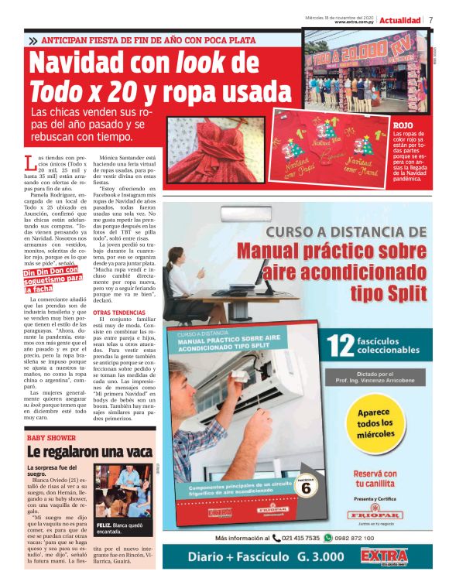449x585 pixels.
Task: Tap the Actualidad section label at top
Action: pyautogui.click(x=401, y=20)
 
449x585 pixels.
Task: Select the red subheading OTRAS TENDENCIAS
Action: pyautogui.click(x=118, y=313)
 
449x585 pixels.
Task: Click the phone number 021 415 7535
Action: pyautogui.click(x=300, y=538)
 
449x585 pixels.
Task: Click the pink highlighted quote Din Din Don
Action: pyautogui.click(x=53, y=279)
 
